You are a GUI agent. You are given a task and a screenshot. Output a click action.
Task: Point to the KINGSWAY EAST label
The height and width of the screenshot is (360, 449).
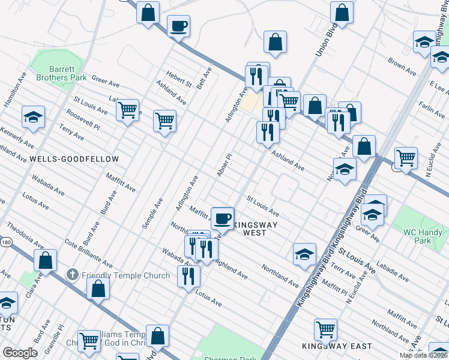click(x=337, y=346)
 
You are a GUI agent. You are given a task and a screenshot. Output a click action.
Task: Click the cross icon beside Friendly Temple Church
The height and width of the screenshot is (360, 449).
click(x=72, y=275)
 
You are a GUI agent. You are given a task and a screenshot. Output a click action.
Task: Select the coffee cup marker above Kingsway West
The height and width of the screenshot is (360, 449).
click(x=222, y=218)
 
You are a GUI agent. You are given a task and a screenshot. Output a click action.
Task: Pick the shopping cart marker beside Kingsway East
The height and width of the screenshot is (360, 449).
click(x=325, y=329)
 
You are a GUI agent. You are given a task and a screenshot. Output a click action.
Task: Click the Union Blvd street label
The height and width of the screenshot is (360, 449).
click(x=324, y=42)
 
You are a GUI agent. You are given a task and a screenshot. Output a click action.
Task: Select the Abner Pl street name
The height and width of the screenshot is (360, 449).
click(x=224, y=165)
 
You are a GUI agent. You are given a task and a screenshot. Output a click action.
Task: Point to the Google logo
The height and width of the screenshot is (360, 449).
click(x=20, y=353)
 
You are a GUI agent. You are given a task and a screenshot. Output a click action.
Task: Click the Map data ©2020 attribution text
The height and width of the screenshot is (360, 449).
click(x=424, y=355)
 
